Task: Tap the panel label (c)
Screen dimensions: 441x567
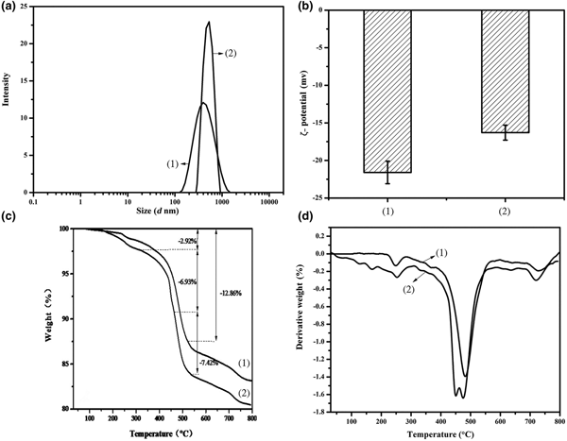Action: (x=9, y=221)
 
